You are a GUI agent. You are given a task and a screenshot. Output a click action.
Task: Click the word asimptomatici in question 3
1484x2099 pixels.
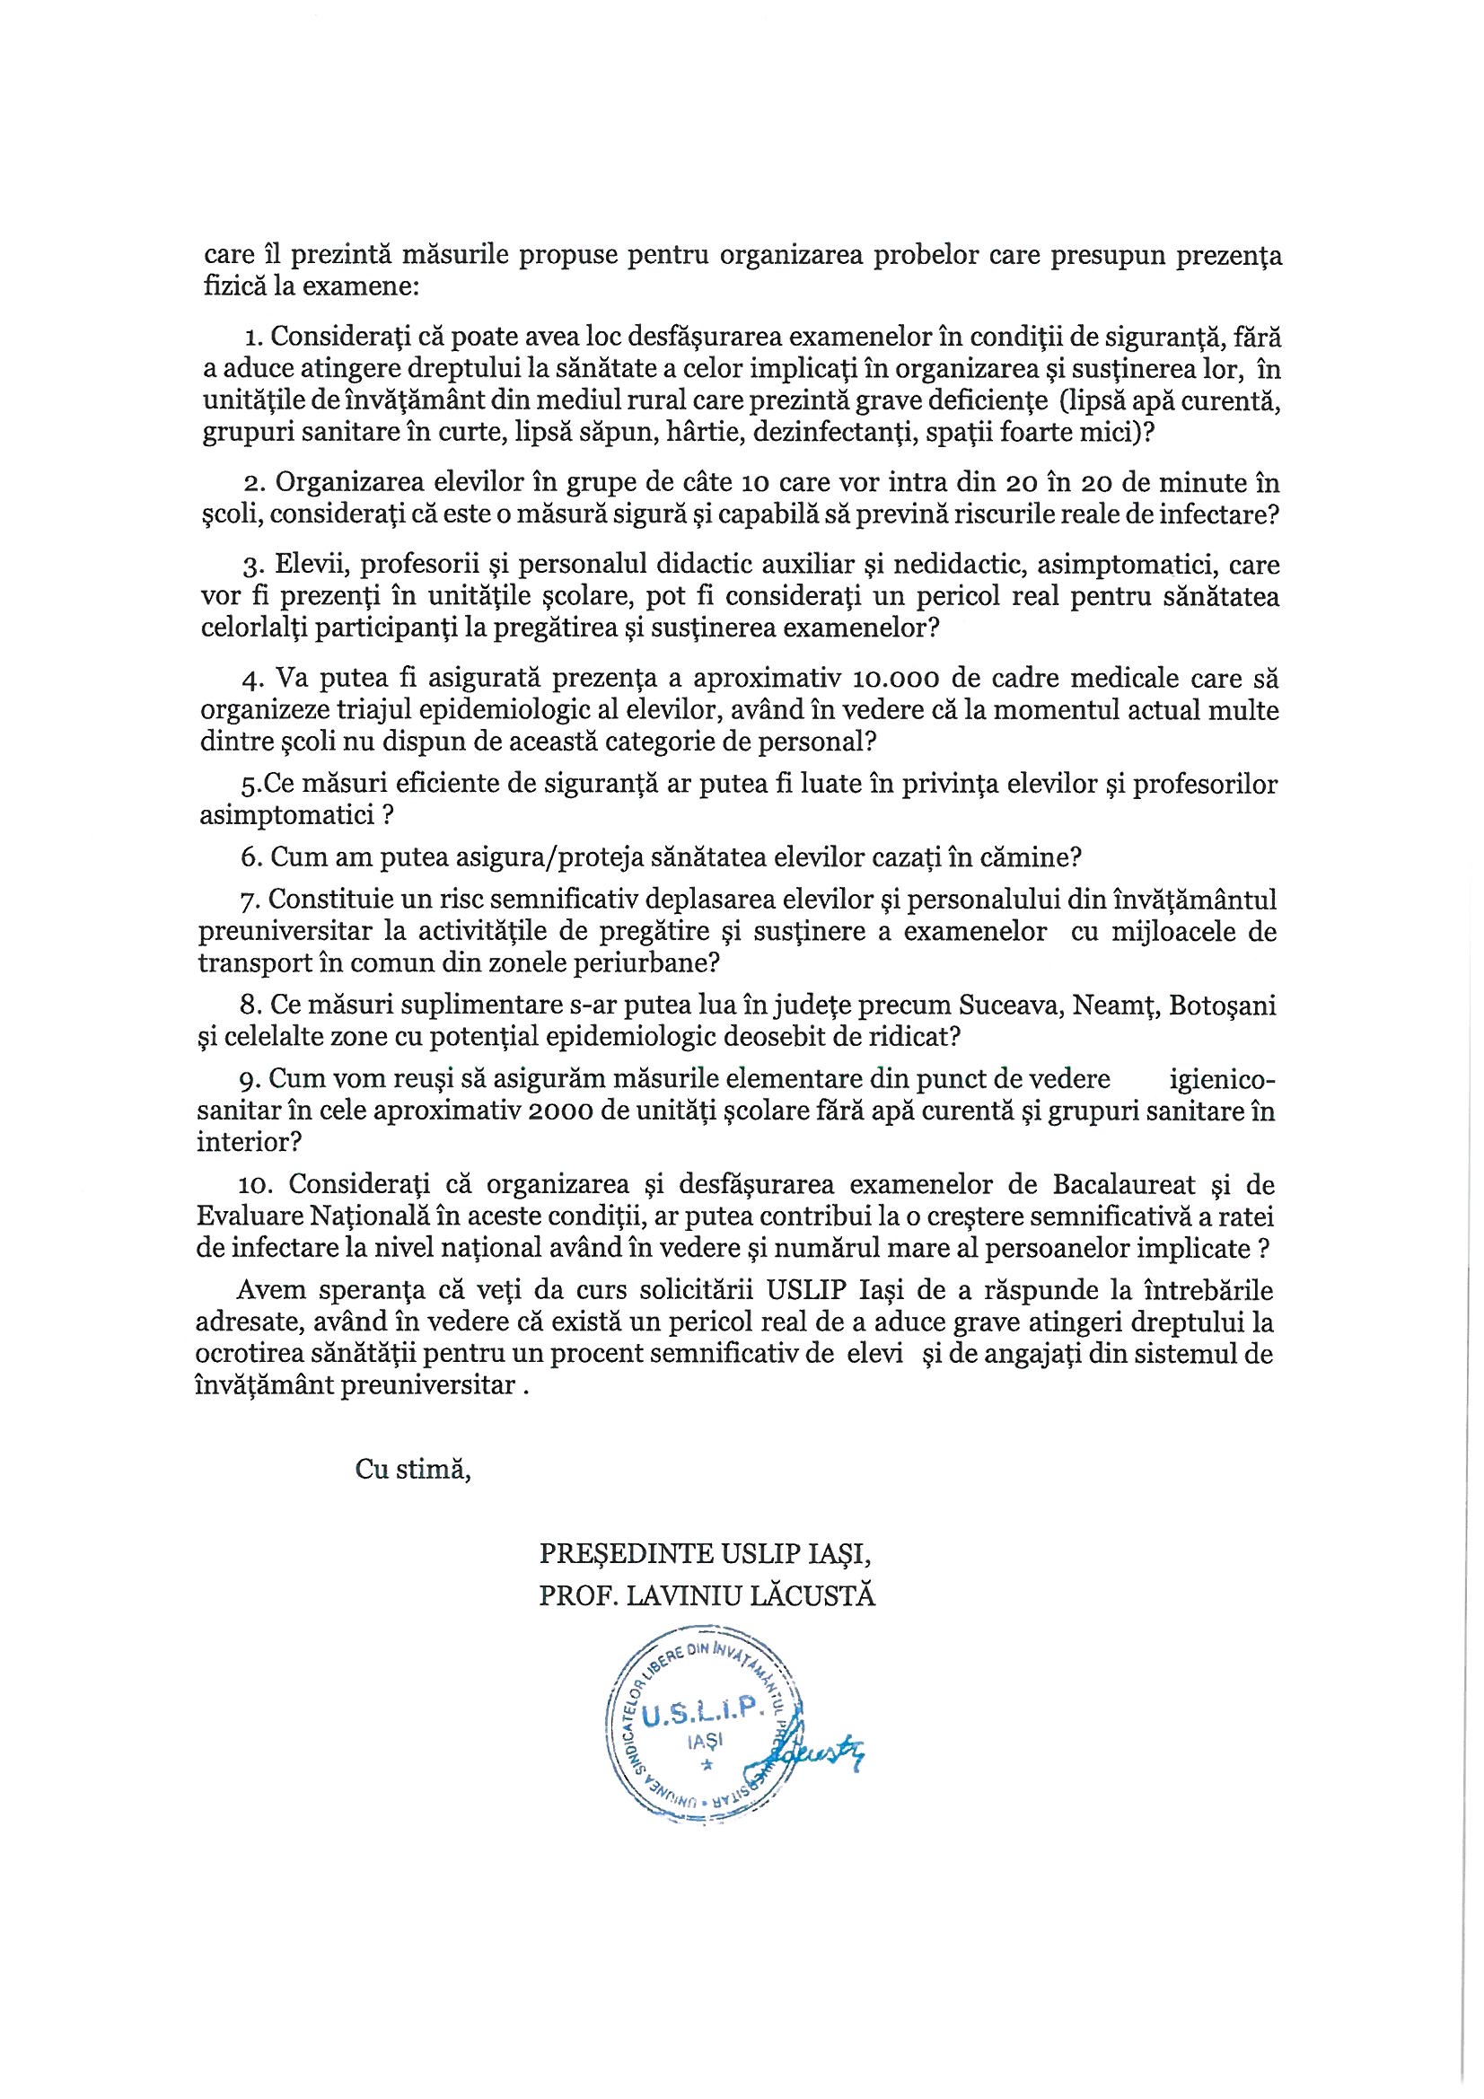1121,564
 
